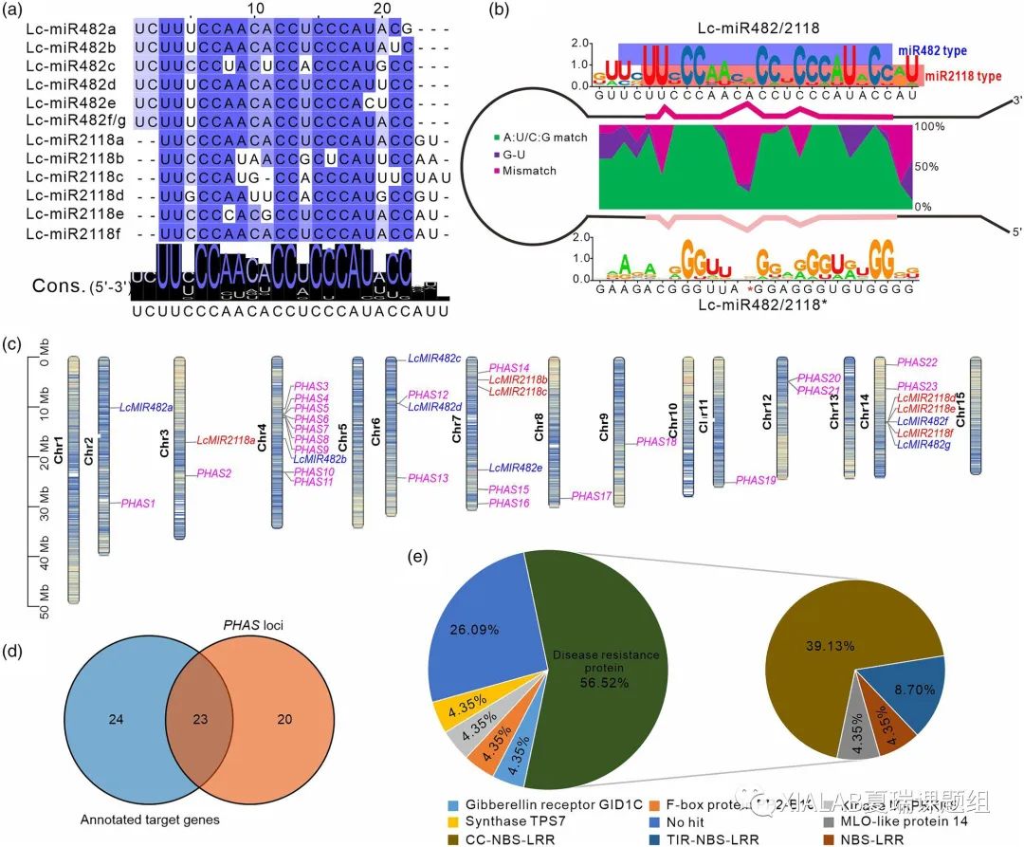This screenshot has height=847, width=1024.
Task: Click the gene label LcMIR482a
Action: pyautogui.click(x=146, y=407)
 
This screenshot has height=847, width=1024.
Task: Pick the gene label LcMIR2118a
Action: pyautogui.click(x=227, y=440)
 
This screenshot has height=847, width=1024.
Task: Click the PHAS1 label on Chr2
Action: pyautogui.click(x=138, y=503)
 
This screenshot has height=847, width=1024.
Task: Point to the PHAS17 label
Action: pyautogui.click(x=592, y=496)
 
